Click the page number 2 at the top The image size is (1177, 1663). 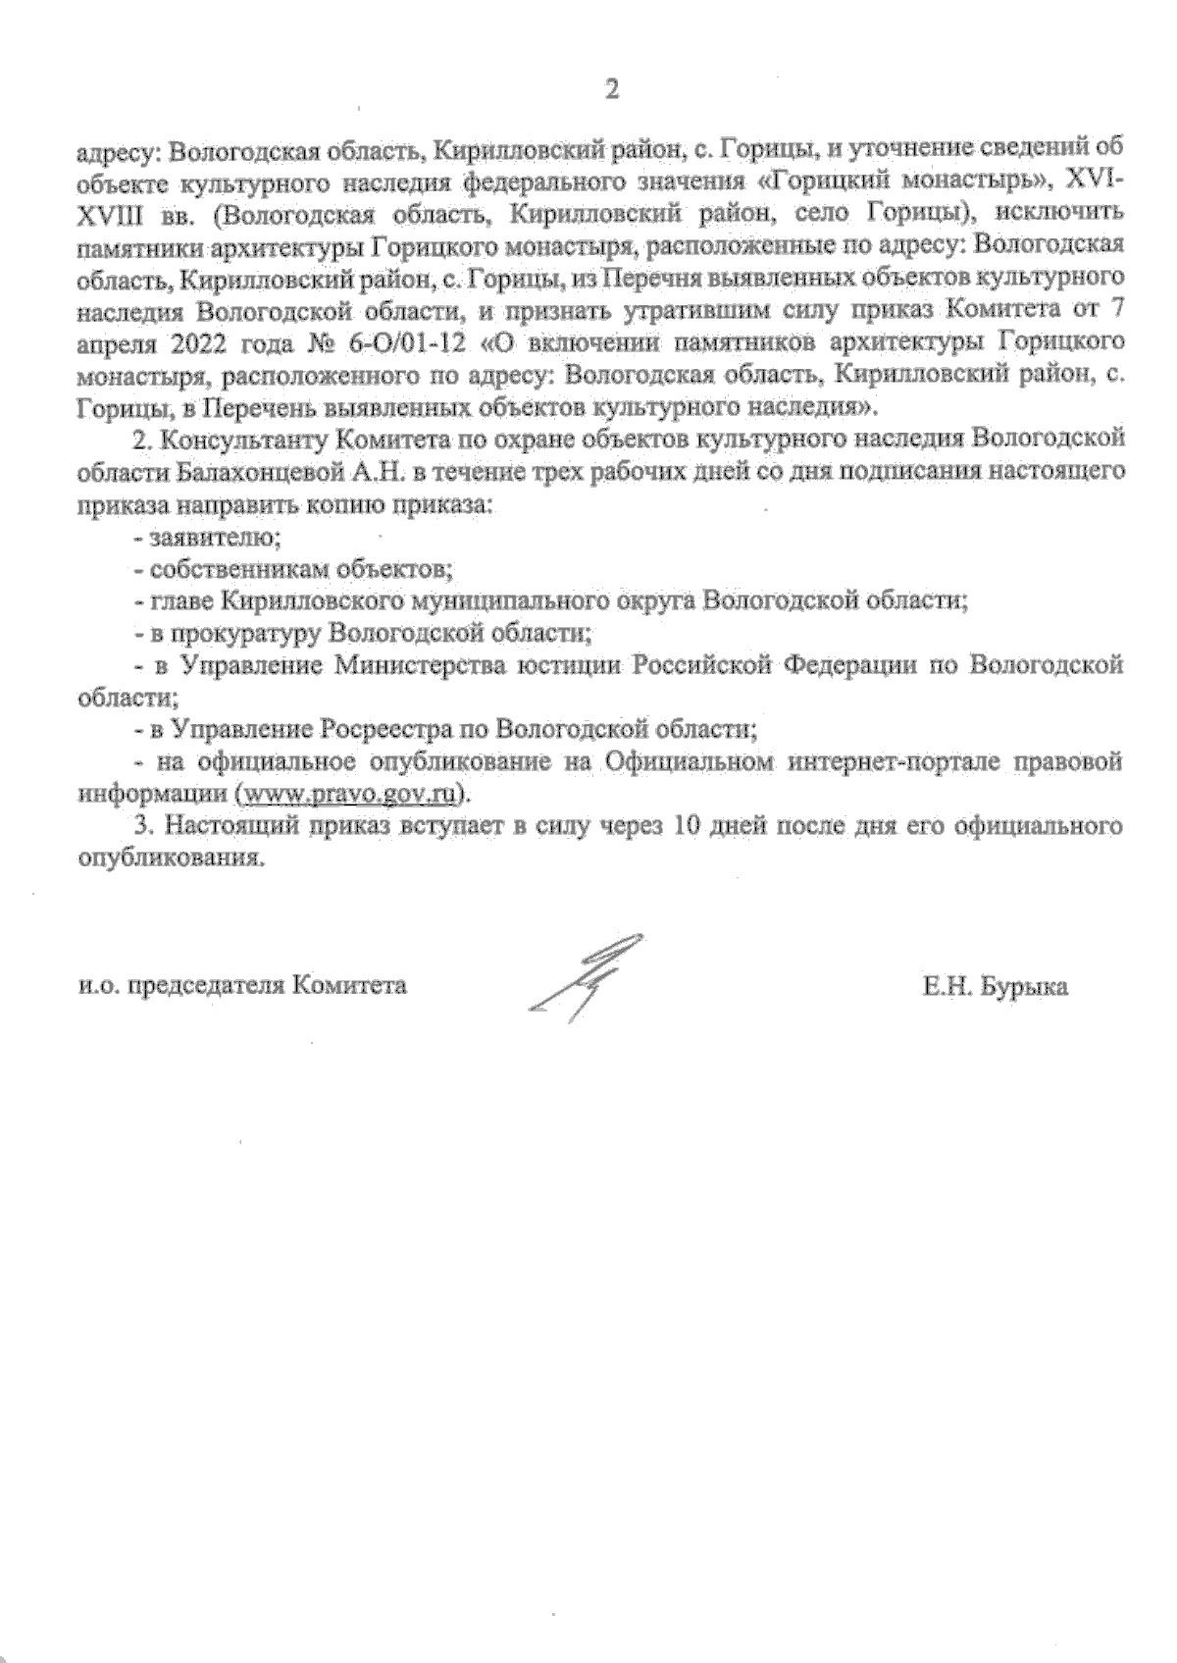click(612, 89)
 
